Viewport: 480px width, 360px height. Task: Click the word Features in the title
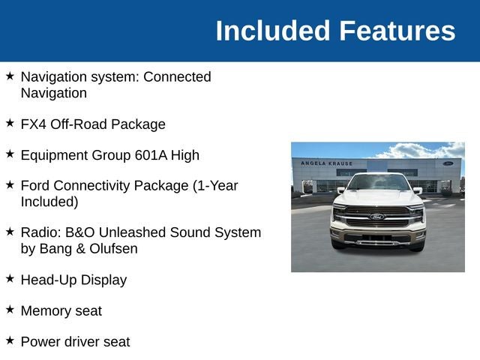click(x=397, y=31)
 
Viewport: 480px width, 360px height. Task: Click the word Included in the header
click(x=273, y=31)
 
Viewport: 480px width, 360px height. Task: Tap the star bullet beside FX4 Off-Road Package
click(x=10, y=123)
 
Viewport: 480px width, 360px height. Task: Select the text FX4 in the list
click(x=33, y=124)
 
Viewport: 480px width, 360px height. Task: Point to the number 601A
click(x=151, y=155)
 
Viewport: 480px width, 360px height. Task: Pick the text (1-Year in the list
click(x=215, y=186)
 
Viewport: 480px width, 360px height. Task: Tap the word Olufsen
click(x=113, y=248)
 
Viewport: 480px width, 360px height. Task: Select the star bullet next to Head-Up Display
click(x=10, y=278)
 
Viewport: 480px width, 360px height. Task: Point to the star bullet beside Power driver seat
click(x=10, y=340)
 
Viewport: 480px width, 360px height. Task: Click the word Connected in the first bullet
click(x=177, y=76)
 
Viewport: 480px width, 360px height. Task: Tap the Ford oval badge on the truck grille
click(x=377, y=217)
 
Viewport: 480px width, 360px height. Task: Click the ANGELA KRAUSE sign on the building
click(x=327, y=163)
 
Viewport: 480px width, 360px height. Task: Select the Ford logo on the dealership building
click(x=448, y=163)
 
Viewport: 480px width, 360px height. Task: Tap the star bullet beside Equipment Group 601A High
click(x=10, y=154)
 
